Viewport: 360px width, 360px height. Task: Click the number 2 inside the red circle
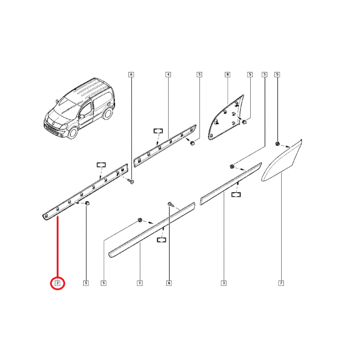click(x=58, y=283)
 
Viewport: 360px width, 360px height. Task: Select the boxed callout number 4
click(x=168, y=74)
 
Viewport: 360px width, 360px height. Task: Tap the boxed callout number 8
click(x=228, y=74)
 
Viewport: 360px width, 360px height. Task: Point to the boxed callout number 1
click(x=139, y=283)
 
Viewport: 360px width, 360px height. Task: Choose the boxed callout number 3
click(x=224, y=283)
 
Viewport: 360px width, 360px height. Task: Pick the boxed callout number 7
click(x=281, y=283)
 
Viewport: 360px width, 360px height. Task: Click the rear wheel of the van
click(x=108, y=113)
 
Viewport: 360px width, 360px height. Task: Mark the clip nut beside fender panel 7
click(x=277, y=144)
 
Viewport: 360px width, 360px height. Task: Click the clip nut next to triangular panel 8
click(x=244, y=121)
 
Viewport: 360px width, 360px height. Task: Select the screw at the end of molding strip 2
click(x=132, y=182)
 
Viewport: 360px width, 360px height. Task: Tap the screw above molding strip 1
click(x=171, y=204)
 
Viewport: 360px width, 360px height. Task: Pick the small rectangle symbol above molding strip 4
click(x=158, y=131)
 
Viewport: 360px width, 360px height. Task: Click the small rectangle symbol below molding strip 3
click(x=236, y=195)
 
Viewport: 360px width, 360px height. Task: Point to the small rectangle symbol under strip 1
click(x=162, y=240)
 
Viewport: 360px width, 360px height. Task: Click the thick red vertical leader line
click(x=58, y=246)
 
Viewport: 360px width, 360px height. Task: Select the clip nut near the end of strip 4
click(x=193, y=143)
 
